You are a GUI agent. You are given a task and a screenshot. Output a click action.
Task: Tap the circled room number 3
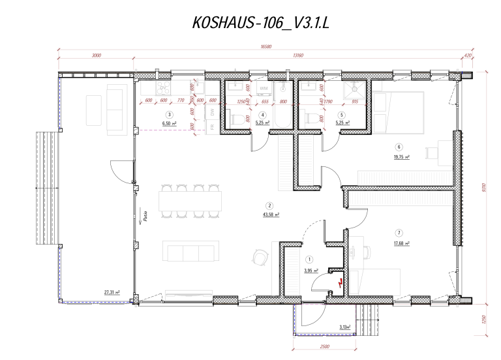169,114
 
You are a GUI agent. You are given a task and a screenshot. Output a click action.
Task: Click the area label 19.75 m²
401,157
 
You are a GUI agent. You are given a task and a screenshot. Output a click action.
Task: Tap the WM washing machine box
264,87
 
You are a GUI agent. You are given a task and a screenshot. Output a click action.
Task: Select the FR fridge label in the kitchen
212,125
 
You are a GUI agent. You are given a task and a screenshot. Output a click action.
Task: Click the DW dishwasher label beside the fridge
212,112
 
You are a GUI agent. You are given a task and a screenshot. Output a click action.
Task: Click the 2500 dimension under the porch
324,346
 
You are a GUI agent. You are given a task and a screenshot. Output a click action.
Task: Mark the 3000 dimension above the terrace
96,55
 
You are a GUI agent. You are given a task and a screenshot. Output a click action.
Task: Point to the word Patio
144,216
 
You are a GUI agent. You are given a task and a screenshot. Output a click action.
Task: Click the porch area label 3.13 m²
345,326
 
